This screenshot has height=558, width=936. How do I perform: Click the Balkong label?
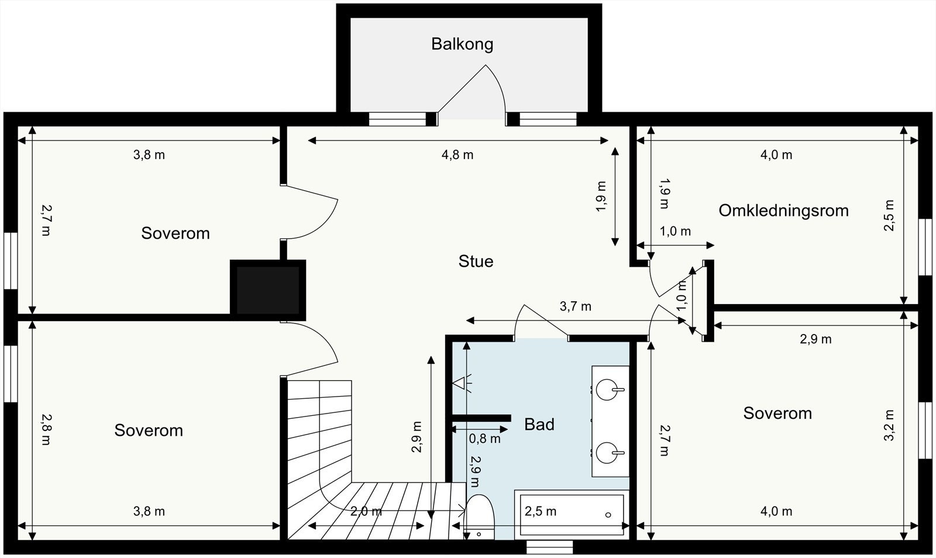[x=462, y=44]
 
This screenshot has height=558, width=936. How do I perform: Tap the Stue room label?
[x=476, y=261]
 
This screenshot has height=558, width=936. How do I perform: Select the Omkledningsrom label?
[x=783, y=211]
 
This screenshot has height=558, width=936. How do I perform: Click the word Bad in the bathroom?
[x=539, y=424]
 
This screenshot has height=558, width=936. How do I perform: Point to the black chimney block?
[x=268, y=290]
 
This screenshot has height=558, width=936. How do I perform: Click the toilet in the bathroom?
[x=479, y=517]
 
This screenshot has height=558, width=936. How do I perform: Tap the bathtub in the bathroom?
[x=572, y=515]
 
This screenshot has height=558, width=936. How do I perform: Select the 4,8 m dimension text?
[x=457, y=155]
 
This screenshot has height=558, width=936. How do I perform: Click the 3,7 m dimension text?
[x=576, y=306]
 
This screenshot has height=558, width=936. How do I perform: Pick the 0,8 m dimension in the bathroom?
[x=485, y=439]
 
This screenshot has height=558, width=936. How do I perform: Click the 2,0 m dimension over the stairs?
[x=366, y=511]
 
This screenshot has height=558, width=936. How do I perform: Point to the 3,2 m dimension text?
[x=889, y=425]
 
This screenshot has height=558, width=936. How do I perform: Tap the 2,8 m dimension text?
[x=46, y=429]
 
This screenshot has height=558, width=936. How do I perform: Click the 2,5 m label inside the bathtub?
[x=541, y=511]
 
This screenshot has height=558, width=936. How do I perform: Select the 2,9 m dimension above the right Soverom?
[x=815, y=339]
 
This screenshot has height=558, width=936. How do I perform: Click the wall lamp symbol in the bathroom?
[x=462, y=383]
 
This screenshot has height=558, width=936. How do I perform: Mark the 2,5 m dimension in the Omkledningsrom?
[x=889, y=215]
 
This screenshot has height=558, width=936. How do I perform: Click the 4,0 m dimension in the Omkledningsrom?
[x=776, y=155]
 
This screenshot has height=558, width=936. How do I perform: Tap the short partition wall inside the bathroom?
[x=481, y=418]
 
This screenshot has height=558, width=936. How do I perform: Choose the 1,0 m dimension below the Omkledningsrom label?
[x=675, y=232]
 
